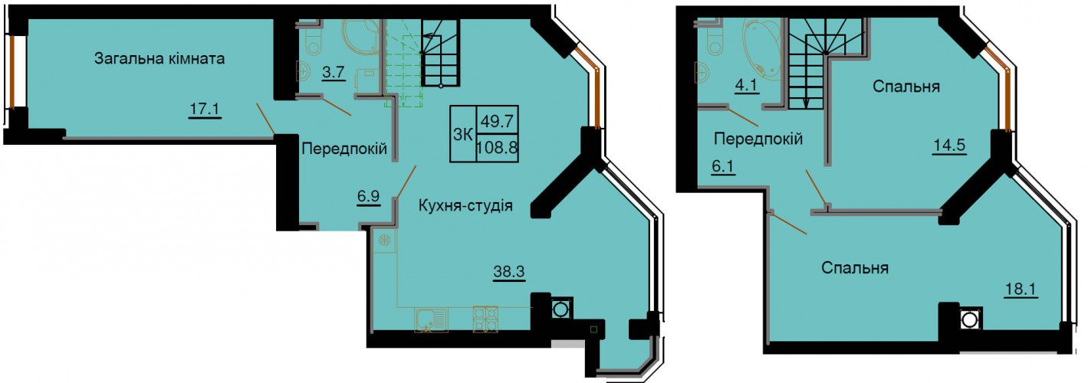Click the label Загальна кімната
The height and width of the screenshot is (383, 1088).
(159, 59)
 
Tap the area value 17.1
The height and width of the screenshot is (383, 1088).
(205, 109)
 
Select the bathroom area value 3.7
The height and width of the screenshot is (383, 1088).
(334, 72)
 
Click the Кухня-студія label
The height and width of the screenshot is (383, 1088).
(465, 206)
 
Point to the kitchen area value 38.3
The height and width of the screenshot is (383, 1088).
(509, 272)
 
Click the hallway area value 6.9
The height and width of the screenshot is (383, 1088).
(369, 197)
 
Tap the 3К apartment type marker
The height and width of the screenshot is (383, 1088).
(463, 134)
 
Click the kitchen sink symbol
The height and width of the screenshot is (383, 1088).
(432, 320)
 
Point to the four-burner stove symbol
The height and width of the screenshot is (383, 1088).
(485, 319)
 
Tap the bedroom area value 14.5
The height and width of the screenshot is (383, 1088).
(948, 145)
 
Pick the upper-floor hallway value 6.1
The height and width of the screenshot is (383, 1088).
(724, 166)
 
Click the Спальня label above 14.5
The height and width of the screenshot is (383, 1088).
(906, 87)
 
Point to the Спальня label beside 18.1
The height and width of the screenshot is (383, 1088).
(856, 268)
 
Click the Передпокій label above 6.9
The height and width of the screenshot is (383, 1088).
(344, 149)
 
